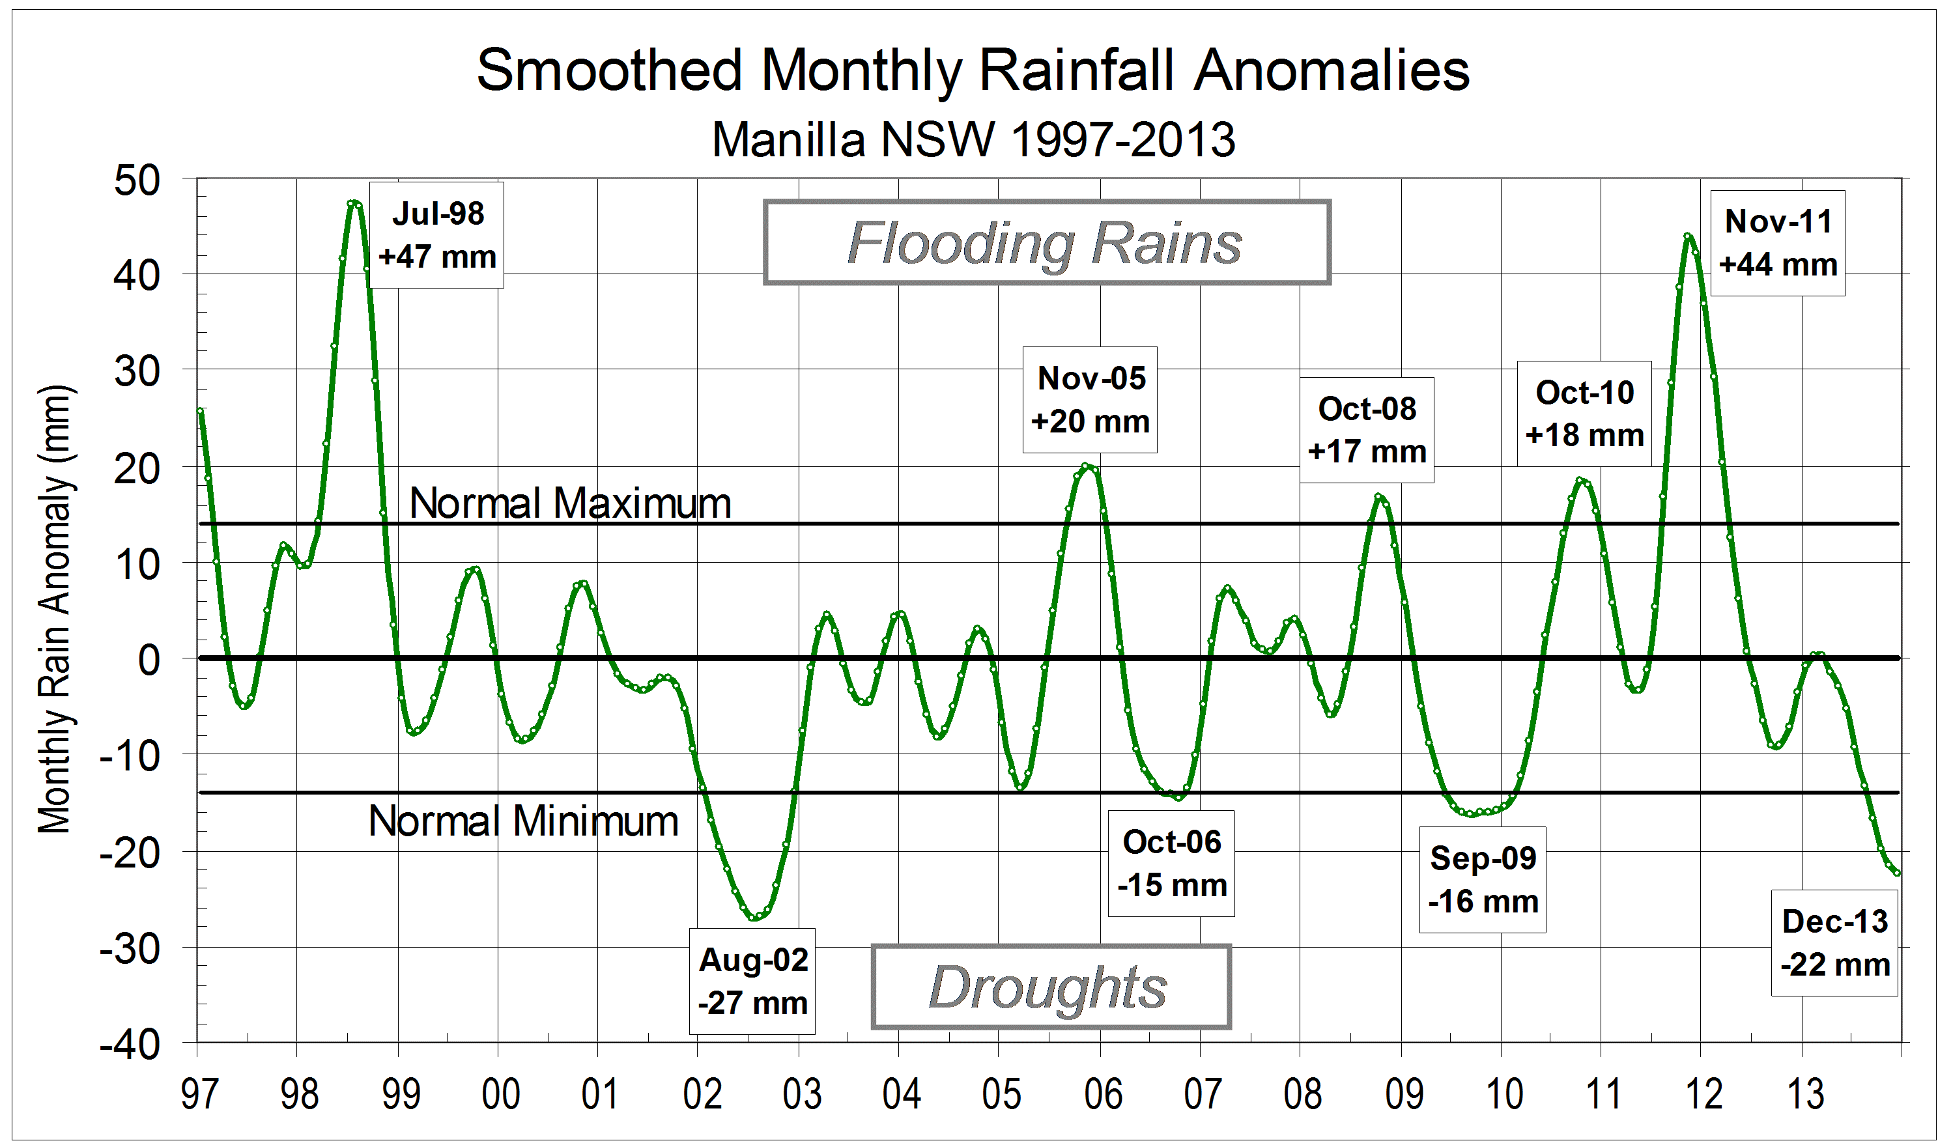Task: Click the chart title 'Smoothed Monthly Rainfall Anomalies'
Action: coord(972,70)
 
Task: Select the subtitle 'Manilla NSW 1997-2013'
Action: coord(973,139)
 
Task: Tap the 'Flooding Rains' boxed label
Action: coord(1046,243)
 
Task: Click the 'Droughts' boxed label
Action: coord(1050,987)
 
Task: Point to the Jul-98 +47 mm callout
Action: coord(436,235)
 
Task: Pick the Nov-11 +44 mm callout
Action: coord(1778,243)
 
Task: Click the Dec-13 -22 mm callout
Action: coord(1835,943)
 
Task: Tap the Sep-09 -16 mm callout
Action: coord(1483,880)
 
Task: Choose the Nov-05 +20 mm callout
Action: coord(1090,400)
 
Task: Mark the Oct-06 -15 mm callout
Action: coord(1171,864)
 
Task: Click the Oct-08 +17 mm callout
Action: coord(1367,430)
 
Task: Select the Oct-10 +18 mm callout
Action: coord(1584,414)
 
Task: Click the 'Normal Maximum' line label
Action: coord(570,503)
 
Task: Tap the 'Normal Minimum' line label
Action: coord(524,821)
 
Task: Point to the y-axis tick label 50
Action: coord(137,181)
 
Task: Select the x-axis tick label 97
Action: coord(199,1094)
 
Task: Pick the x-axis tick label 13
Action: coord(1804,1094)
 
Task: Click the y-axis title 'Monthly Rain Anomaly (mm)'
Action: coord(55,608)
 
